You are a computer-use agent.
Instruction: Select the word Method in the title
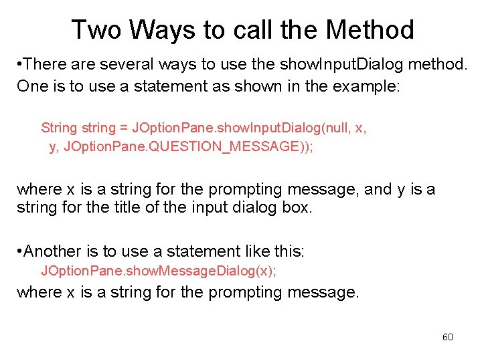coord(370,30)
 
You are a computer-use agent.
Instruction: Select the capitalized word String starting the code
coord(59,128)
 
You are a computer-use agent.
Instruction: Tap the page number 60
coord(448,337)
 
